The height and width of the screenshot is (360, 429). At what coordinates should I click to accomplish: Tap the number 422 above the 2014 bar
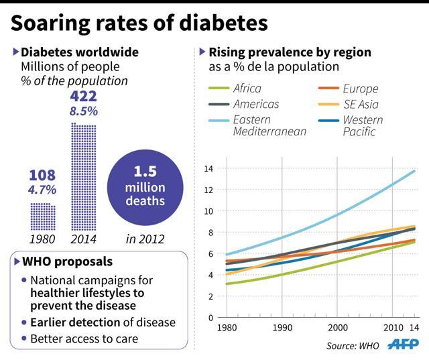[83, 97]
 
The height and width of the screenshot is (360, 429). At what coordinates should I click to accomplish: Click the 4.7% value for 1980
[42, 190]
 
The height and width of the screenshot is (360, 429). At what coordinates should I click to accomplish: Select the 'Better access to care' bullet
[84, 339]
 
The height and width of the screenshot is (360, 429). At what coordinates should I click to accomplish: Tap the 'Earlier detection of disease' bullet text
[103, 322]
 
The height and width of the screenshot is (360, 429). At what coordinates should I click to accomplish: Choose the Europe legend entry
[359, 88]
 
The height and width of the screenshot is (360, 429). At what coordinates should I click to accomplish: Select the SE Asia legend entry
[360, 104]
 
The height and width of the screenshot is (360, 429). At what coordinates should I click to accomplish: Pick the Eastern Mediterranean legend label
[268, 125]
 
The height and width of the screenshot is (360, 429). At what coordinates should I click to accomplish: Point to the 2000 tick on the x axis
[337, 329]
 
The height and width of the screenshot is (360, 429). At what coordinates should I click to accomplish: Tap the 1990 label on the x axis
[282, 329]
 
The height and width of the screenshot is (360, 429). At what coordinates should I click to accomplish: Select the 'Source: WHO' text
[351, 346]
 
